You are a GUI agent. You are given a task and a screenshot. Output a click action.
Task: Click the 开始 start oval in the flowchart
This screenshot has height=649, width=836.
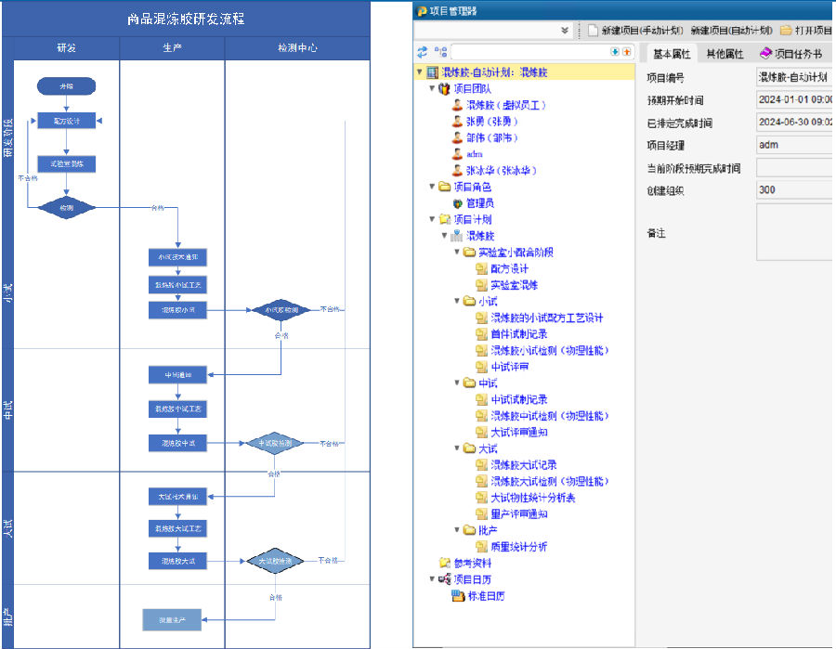click(x=67, y=86)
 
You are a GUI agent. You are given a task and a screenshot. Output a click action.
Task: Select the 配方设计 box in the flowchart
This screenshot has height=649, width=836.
click(x=67, y=120)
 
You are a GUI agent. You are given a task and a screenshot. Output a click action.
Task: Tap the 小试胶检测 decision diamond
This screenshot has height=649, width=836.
click(x=281, y=310)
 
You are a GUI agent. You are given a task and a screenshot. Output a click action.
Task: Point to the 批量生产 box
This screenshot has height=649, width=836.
click(x=172, y=619)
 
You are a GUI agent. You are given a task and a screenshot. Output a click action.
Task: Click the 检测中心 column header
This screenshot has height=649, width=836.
click(x=296, y=46)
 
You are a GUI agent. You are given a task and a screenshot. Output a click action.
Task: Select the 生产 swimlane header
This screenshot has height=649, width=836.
click(x=172, y=46)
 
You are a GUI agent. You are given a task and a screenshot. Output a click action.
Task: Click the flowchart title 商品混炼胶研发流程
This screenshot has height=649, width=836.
click(x=186, y=19)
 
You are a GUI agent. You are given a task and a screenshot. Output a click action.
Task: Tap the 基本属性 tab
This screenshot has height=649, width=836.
click(x=672, y=54)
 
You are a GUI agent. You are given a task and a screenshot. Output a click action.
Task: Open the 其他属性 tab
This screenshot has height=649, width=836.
click(x=725, y=54)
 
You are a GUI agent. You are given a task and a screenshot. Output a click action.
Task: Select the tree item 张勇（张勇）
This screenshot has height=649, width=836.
click(x=491, y=121)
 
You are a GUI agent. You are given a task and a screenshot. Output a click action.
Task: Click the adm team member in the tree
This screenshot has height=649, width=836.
click(x=474, y=153)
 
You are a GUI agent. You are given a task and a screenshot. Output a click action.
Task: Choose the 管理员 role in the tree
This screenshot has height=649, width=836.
click(x=479, y=202)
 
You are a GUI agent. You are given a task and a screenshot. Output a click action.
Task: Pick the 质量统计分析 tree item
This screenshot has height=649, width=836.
click(x=518, y=547)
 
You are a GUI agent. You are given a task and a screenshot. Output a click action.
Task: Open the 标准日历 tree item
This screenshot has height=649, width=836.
click(x=486, y=596)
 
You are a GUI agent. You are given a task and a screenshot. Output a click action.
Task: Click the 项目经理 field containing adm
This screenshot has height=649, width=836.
click(x=792, y=145)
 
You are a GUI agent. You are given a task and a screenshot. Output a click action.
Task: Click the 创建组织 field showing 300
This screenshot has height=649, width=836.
click(x=792, y=190)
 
